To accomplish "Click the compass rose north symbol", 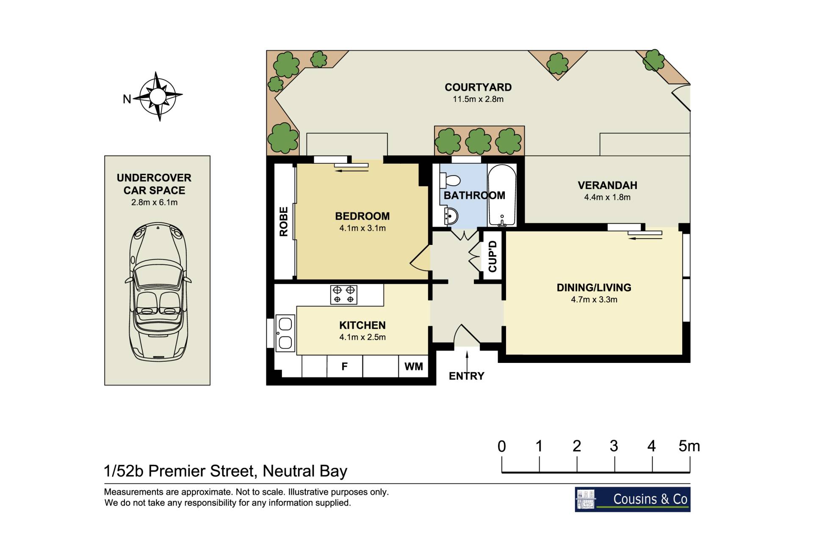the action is (x=158, y=96).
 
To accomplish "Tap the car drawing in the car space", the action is (x=158, y=292).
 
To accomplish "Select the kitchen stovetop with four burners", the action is (x=343, y=294).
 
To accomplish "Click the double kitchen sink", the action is (x=285, y=333).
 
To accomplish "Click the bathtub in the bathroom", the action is (x=502, y=195).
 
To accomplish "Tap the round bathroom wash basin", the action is (x=451, y=216).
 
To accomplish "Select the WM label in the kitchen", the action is (x=414, y=366).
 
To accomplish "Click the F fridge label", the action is (x=345, y=366).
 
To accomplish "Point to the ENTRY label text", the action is (x=467, y=376).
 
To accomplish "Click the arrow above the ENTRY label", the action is (x=467, y=360).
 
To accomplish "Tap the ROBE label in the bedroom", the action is (x=284, y=221).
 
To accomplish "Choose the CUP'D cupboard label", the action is (x=492, y=256).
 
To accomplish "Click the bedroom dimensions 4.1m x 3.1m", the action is (x=362, y=228).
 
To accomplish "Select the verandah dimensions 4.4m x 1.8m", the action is (x=607, y=197).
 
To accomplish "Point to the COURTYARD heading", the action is (x=478, y=87).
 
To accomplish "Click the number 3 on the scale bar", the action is (x=614, y=446).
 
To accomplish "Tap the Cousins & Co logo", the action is (x=633, y=500).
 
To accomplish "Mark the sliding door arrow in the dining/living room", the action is (x=645, y=239).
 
